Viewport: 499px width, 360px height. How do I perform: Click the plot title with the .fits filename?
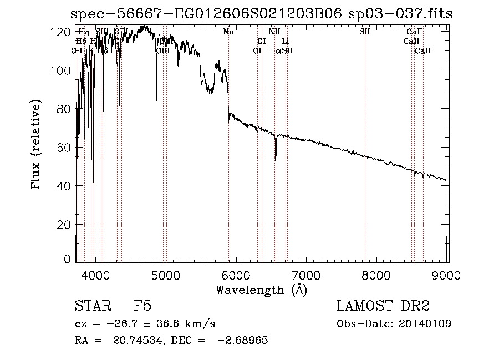pyautogui.click(x=263, y=14)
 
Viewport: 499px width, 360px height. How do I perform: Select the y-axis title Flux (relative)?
pyautogui.click(x=37, y=146)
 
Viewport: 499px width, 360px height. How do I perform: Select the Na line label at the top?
pyautogui.click(x=228, y=32)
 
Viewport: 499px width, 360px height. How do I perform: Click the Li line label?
pyautogui.click(x=285, y=41)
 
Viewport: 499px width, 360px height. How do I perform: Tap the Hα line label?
pyautogui.click(x=275, y=50)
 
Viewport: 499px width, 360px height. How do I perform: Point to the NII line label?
pyautogui.click(x=274, y=32)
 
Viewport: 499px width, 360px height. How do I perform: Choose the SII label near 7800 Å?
pyautogui.click(x=364, y=32)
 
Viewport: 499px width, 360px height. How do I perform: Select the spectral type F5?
pyautogui.click(x=142, y=306)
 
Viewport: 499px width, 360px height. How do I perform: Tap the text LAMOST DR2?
pyautogui.click(x=383, y=306)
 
